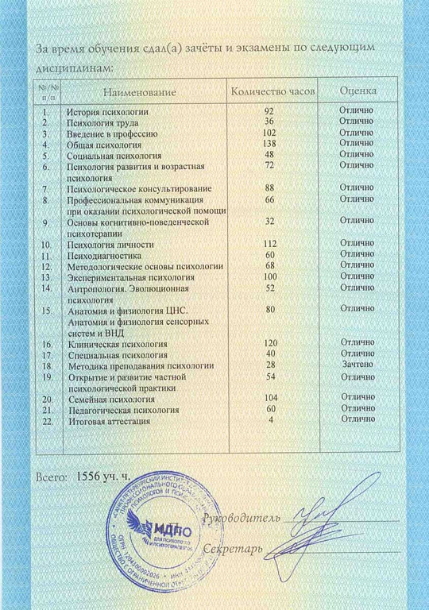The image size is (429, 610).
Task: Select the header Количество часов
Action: pos(272,92)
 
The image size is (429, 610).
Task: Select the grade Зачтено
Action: pos(356,364)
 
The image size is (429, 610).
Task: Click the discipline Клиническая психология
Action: pos(118,344)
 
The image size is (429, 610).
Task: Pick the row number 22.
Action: pos(47,420)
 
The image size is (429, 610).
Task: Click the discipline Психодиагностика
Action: pos(104,256)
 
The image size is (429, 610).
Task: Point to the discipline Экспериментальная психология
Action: pos(131,278)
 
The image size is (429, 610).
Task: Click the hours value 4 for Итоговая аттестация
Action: pos(272,419)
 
